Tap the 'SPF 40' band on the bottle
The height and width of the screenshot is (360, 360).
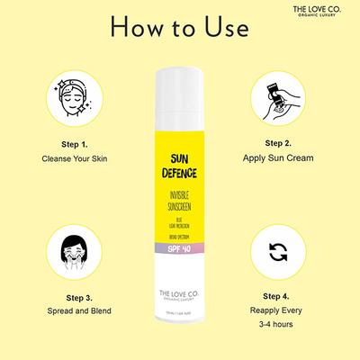(180, 247)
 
